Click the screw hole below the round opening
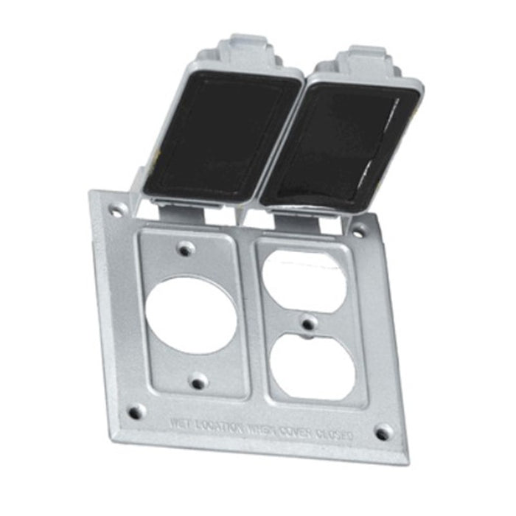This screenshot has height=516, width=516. point(198,381)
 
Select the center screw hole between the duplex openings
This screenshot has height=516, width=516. point(308,323)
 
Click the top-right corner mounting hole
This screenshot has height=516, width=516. point(359,231)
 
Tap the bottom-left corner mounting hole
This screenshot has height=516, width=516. point(136,411)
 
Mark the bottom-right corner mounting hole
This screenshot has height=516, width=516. point(383,433)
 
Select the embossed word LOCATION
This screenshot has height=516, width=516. point(220,428)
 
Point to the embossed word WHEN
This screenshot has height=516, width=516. point(261,430)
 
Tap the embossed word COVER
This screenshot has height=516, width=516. point(298,433)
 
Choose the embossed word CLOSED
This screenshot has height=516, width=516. point(335,436)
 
